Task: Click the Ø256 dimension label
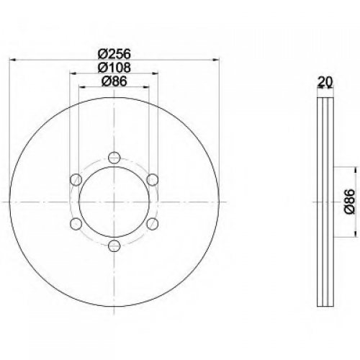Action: tap(114, 54)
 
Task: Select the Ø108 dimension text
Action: tap(114, 68)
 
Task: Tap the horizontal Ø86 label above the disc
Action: tap(114, 81)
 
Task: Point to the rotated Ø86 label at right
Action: tap(349, 201)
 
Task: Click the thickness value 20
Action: tap(325, 81)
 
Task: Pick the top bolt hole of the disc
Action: tap(114, 157)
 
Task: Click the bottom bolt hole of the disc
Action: tap(114, 246)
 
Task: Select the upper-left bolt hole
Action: tap(76, 179)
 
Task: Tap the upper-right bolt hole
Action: tap(153, 179)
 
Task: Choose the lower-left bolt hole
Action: tap(76, 224)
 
